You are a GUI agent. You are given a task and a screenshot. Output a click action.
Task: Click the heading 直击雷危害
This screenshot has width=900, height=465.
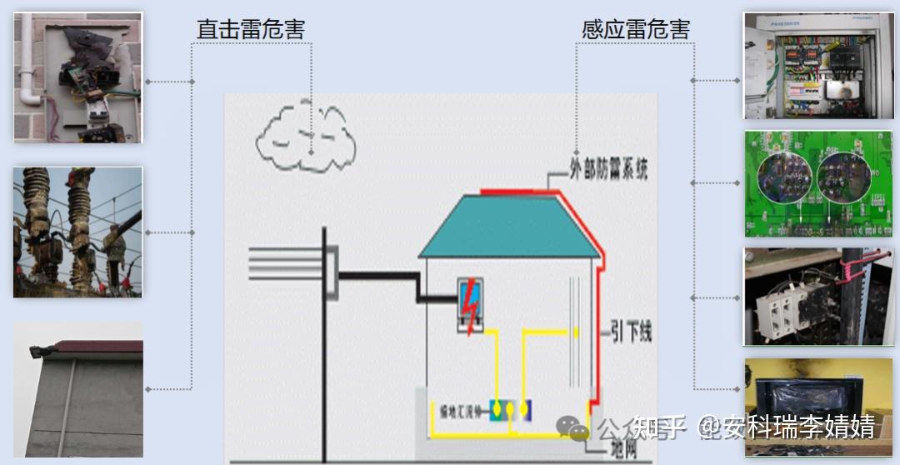250,29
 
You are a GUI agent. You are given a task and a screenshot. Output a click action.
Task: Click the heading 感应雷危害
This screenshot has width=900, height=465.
636,29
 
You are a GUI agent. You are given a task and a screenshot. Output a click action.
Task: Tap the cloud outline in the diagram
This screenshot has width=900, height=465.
305,137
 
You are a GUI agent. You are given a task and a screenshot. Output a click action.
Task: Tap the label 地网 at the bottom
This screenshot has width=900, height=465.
623,451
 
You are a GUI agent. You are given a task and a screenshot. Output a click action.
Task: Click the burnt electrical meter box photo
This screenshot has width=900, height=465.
78,77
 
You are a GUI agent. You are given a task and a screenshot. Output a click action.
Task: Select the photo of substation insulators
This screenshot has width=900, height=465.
77,232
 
